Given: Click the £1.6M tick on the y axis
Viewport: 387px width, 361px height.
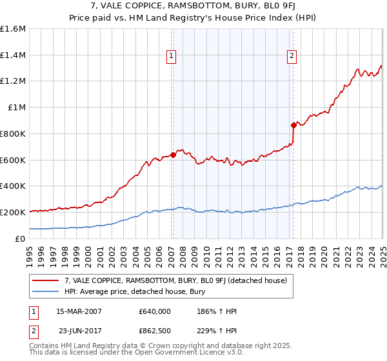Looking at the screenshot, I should tap(13, 29).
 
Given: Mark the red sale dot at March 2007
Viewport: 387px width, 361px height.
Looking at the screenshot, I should tap(173, 155).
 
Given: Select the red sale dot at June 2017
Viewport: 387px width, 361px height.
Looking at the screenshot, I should tap(293, 125).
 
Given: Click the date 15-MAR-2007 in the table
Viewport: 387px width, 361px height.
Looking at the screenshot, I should tap(79, 311).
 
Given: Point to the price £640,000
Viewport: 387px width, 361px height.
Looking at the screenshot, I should tap(154, 311).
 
